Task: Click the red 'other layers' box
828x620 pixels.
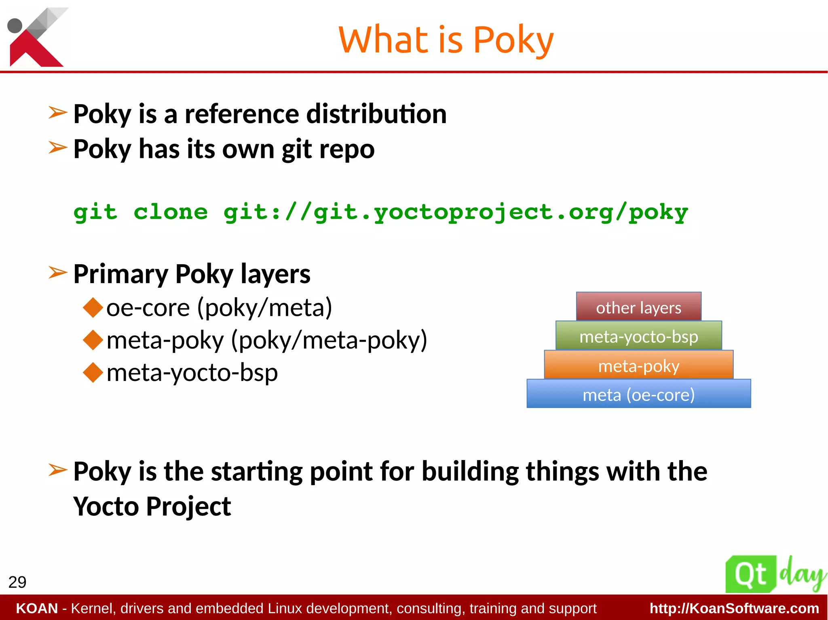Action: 638,307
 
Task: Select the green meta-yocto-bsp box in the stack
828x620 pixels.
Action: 638,336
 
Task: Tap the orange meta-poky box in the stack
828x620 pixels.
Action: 638,365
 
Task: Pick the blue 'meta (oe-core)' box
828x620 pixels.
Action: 638,394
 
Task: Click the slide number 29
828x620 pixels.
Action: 17,582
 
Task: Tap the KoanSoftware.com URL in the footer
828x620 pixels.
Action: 734,608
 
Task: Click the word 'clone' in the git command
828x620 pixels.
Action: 171,212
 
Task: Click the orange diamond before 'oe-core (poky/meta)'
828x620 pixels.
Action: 93,307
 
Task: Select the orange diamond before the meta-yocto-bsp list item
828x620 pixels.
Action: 93,372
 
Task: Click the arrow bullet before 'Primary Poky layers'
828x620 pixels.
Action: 57,273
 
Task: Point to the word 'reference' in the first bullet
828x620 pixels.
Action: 241,114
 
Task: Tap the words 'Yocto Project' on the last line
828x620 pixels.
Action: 152,507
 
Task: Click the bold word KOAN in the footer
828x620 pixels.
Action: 37,608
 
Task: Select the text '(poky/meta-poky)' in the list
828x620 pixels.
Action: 329,340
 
